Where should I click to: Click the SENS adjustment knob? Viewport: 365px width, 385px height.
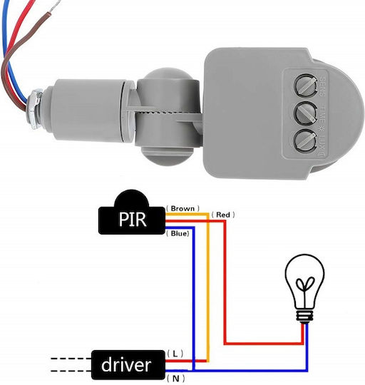[305, 86]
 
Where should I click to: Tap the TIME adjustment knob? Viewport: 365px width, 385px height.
[305, 113]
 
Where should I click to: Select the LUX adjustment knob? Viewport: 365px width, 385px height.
[305, 141]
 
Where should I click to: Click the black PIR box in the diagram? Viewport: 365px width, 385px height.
[132, 215]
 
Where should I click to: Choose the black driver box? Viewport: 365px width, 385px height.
[128, 365]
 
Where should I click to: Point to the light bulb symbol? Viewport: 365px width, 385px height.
[304, 289]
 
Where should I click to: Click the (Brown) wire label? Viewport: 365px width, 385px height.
[182, 209]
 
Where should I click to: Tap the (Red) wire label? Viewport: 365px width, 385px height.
[223, 215]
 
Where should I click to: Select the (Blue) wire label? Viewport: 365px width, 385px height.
[178, 233]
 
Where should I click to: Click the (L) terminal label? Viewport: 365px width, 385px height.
[175, 354]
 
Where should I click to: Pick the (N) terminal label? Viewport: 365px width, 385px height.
[176, 379]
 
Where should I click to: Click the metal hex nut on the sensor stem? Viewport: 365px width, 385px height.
[35, 109]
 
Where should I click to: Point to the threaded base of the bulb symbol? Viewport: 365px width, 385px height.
[304, 317]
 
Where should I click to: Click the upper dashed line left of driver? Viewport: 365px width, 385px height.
[71, 359]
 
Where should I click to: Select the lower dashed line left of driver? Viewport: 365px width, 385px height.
[71, 371]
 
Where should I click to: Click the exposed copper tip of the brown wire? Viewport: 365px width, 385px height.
[55, 6]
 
